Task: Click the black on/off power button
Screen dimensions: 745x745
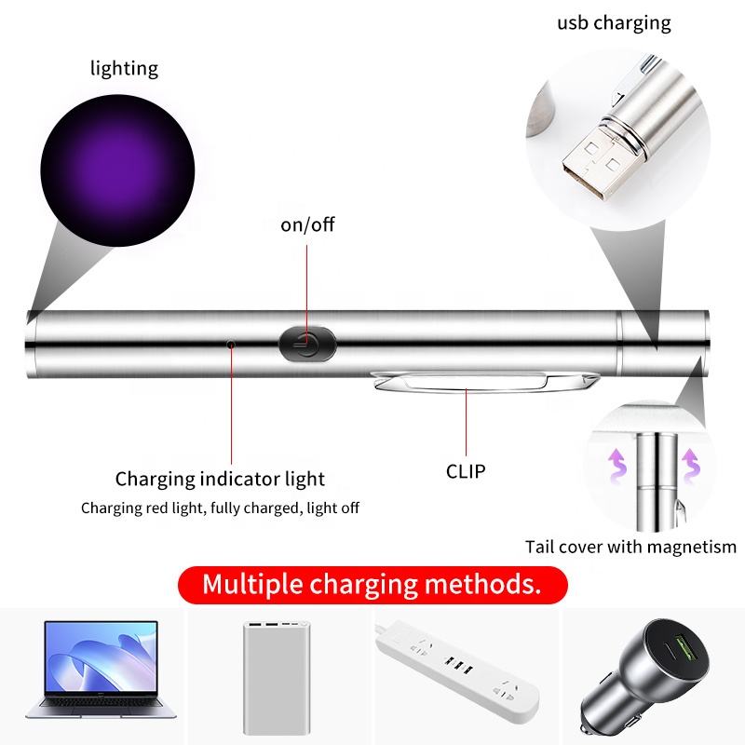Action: (307, 343)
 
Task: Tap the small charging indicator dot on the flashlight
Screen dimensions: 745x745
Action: (231, 344)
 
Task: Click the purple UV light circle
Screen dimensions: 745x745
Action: (117, 170)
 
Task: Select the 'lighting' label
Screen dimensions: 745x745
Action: (124, 69)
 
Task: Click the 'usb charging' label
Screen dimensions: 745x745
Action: (614, 23)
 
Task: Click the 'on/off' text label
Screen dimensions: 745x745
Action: (307, 224)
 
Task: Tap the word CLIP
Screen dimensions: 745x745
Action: (466, 471)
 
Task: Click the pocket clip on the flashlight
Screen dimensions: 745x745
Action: (484, 382)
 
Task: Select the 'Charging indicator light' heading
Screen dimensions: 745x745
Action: (220, 479)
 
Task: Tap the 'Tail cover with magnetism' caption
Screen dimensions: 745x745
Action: (630, 547)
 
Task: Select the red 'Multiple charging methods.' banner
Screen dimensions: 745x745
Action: (372, 585)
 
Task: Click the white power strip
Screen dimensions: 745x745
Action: (457, 670)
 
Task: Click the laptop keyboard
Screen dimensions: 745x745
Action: (100, 703)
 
